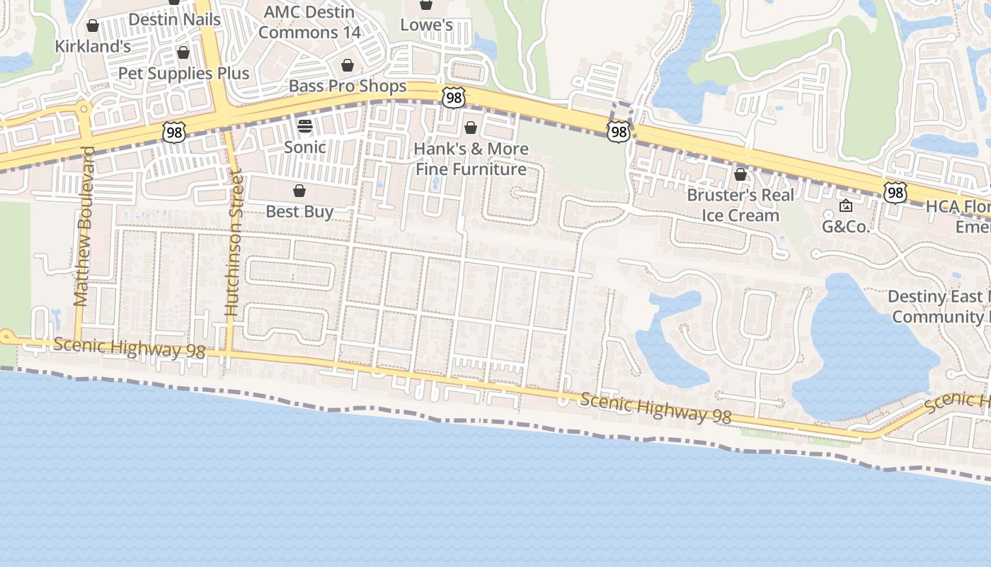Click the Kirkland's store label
coord(93,47)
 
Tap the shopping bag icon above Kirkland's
coord(93,26)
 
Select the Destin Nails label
coord(175,20)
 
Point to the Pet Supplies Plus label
coord(183,73)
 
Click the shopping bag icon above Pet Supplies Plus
coord(183,52)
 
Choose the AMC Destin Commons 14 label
coord(309,22)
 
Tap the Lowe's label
coord(426,25)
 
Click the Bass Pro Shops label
coord(348,86)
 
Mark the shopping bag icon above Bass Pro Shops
coord(348,66)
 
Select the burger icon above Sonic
coord(305,126)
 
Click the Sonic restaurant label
coord(305,147)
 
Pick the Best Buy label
coord(299,211)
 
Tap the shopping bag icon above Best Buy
coord(299,191)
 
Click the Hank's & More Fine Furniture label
coord(471,159)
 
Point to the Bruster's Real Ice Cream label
coord(740,205)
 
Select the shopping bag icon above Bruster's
coord(740,174)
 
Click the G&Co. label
coord(845,227)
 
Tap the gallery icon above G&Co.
coord(845,206)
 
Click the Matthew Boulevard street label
coord(84,227)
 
